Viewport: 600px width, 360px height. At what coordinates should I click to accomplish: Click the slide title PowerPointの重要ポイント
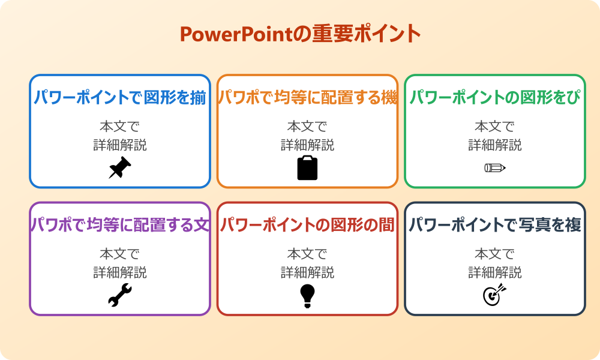(x=300, y=34)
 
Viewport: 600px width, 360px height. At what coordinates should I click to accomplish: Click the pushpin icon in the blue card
(x=119, y=168)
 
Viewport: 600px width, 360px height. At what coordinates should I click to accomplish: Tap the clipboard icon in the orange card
(x=307, y=168)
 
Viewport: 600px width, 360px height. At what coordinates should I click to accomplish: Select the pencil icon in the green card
(x=494, y=167)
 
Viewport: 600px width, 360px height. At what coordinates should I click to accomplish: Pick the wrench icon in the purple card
(x=119, y=296)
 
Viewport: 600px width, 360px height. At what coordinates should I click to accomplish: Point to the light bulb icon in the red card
(x=307, y=296)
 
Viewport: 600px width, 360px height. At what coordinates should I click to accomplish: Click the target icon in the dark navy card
(x=494, y=295)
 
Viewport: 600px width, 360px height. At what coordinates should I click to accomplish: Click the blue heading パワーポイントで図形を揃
(x=120, y=98)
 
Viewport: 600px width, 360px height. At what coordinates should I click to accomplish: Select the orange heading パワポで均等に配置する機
(x=307, y=98)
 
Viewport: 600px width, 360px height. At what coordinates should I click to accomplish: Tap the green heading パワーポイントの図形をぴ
(x=495, y=98)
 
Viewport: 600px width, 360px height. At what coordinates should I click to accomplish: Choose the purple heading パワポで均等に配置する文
(x=120, y=226)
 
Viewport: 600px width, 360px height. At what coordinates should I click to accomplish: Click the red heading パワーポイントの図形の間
(x=307, y=226)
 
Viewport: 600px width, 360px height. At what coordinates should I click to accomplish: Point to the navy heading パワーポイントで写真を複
(x=495, y=226)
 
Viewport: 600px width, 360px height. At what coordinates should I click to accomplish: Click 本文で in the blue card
(x=120, y=127)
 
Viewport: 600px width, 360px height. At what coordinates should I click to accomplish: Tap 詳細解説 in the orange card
(x=307, y=145)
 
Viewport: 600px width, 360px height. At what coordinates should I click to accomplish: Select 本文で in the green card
(x=495, y=127)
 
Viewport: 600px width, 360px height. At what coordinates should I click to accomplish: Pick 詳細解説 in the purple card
(x=120, y=273)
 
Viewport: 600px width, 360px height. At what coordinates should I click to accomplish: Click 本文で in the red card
(x=307, y=254)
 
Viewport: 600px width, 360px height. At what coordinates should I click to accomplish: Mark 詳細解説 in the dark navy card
(x=495, y=273)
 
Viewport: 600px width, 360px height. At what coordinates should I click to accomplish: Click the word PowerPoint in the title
(x=236, y=34)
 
